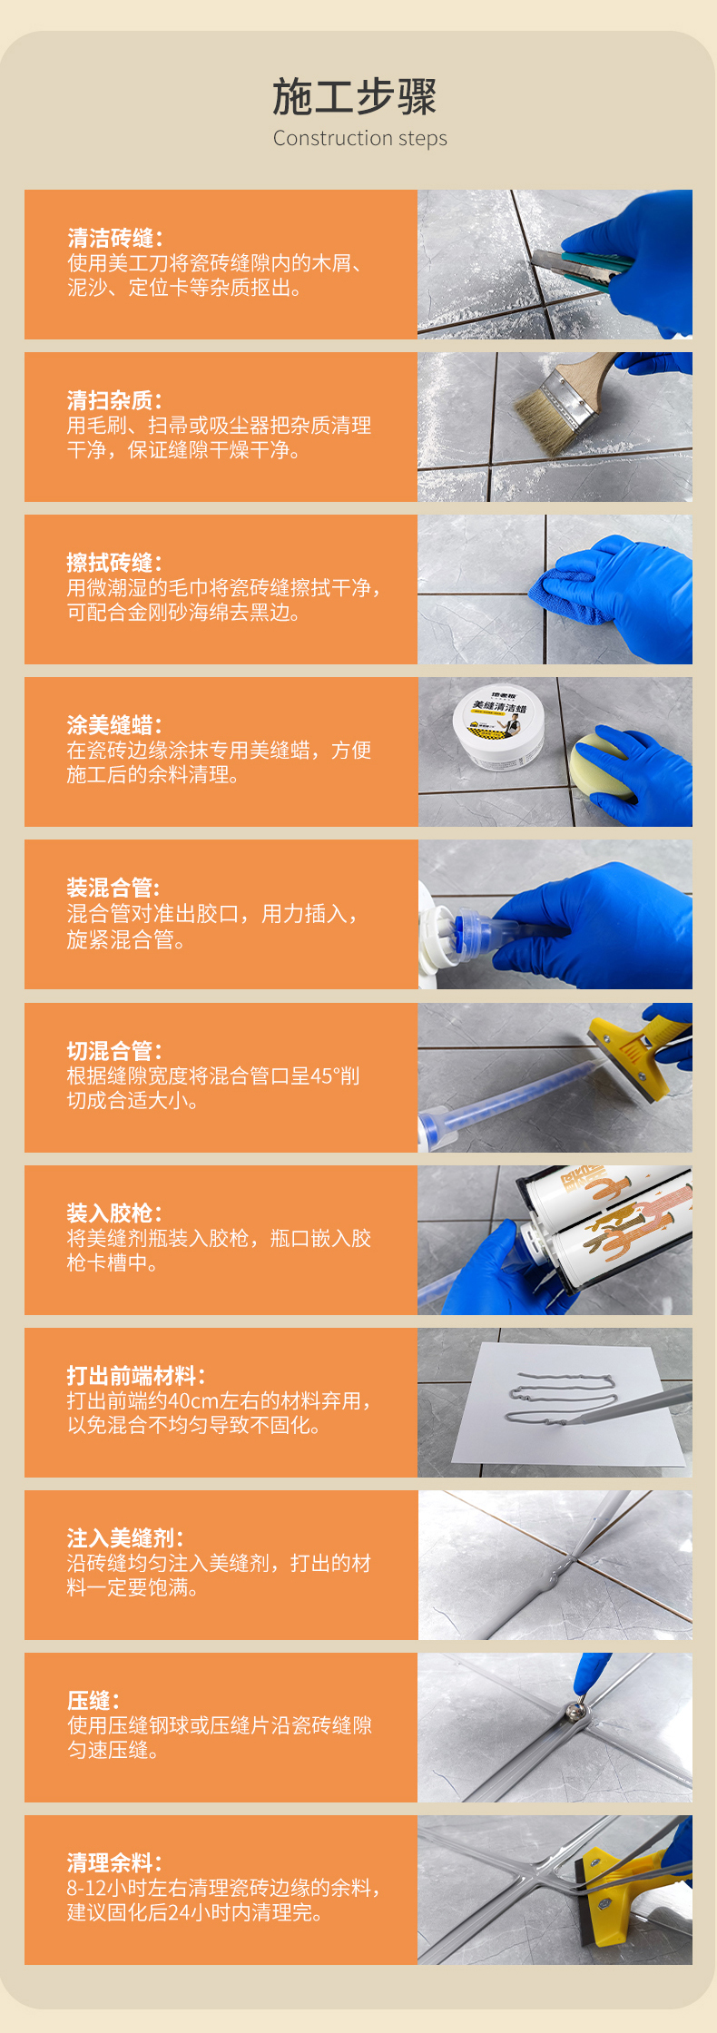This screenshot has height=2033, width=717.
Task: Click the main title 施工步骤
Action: [x=355, y=97]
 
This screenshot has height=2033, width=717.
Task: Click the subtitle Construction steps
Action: [x=360, y=138]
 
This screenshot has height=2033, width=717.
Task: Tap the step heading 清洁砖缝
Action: [x=114, y=238]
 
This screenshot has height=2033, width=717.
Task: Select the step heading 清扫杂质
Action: [x=114, y=400]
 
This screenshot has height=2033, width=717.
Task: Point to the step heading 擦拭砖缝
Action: [x=114, y=563]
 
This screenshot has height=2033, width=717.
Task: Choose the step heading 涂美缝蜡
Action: [x=114, y=725]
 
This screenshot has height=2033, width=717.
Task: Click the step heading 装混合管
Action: [x=114, y=888]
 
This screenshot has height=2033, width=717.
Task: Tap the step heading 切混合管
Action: [x=114, y=1051]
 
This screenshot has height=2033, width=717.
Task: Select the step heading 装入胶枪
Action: [x=114, y=1213]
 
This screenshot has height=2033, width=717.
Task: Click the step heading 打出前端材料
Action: [x=136, y=1376]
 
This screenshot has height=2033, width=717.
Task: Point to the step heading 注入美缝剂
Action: [x=125, y=1538]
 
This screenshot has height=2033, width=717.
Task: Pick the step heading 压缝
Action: [x=93, y=1701]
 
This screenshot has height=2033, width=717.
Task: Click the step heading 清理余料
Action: [x=114, y=1863]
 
